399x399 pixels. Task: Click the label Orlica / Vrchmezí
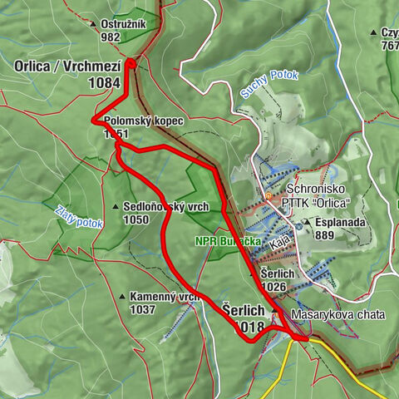(x=66, y=66)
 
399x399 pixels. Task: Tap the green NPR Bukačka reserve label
(x=226, y=241)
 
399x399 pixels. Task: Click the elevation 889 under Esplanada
(x=325, y=235)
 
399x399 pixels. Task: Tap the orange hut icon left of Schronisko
(x=268, y=196)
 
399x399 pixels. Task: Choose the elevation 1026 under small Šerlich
(x=274, y=287)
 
